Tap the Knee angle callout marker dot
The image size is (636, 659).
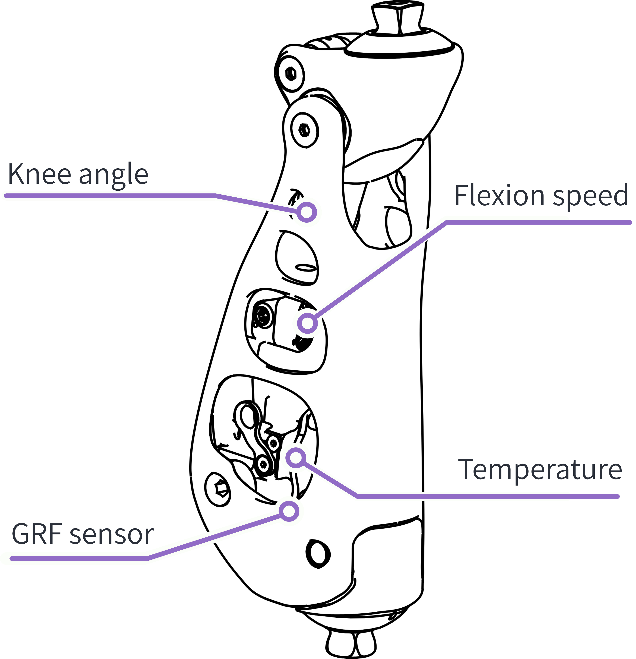pyautogui.click(x=307, y=213)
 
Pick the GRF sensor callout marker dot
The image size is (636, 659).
pyautogui.click(x=289, y=511)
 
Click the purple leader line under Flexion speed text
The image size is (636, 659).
pyautogui.click(x=538, y=222)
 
